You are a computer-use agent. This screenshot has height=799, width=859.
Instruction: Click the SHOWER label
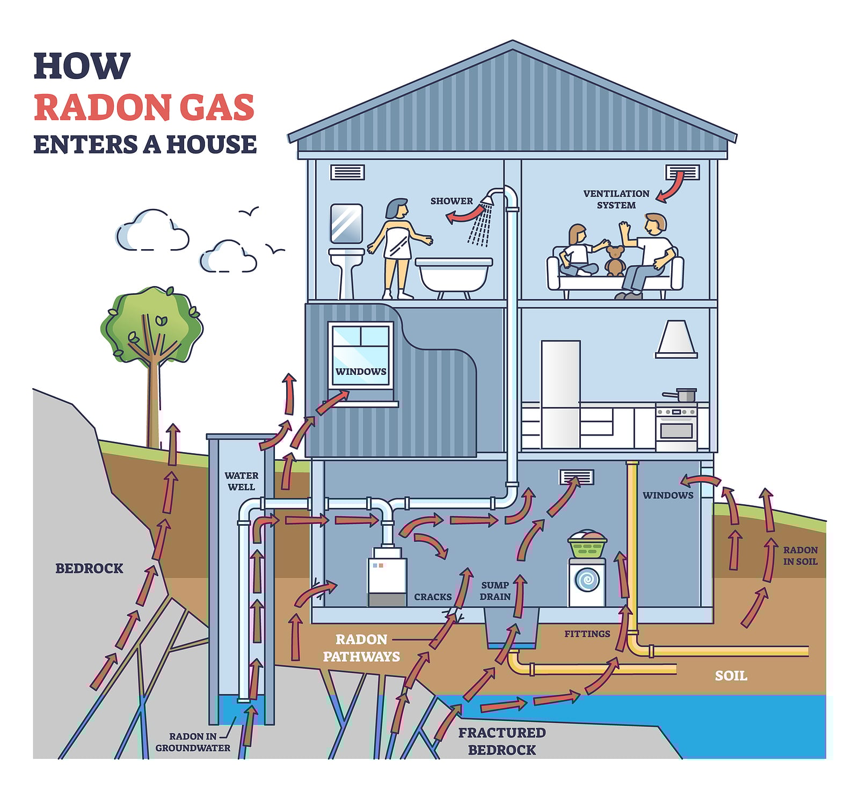pos(452,201)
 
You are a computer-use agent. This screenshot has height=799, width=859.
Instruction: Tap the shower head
pos(488,199)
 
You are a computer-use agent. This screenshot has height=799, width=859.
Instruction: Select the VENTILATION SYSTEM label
pos(616,199)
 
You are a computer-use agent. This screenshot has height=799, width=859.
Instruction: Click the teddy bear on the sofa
pos(615,262)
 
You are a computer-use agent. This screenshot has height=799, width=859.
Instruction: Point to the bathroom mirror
pos(346,223)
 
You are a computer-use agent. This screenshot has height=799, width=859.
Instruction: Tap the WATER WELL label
pos(241,481)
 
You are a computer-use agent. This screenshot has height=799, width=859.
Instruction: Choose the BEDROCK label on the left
pos(89,568)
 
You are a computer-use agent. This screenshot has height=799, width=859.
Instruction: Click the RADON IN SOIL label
pos(800,556)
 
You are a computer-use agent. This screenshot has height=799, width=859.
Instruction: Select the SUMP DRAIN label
pos(495,591)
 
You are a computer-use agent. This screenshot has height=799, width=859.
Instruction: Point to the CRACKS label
pos(433,597)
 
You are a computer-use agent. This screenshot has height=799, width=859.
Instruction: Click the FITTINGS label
pos(587,634)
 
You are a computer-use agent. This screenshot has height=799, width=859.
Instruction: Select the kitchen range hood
pos(676,339)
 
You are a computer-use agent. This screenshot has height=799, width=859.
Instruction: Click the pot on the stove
pos(685,395)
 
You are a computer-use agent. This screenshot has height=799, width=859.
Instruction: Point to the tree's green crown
pos(152,322)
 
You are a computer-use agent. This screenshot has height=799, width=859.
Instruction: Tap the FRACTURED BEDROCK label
pos(502,741)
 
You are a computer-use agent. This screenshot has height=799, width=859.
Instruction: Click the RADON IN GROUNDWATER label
pos(193,742)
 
